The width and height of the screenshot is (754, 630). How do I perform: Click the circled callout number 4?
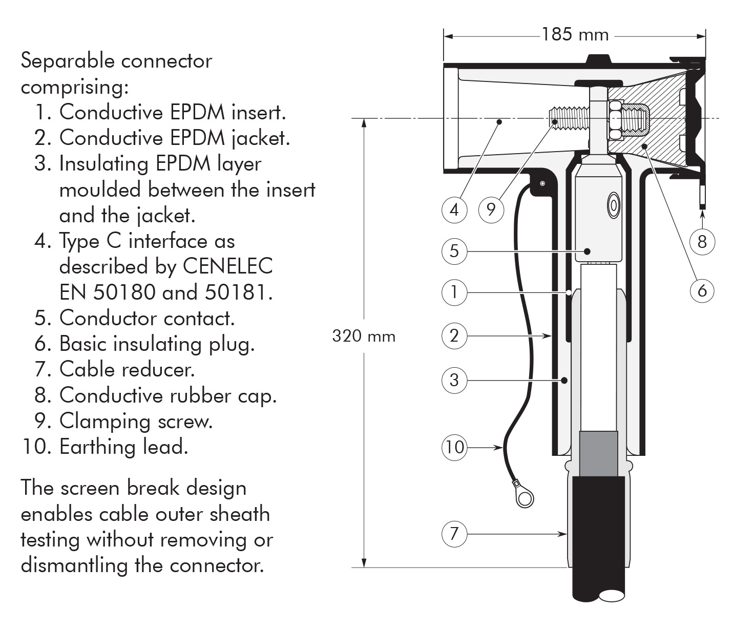pos(454,209)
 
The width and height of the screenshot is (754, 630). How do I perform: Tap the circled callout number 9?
pos(491,209)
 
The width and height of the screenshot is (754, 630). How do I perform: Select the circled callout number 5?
pos(454,251)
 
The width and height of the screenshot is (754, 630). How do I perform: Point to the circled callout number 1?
pos(454,292)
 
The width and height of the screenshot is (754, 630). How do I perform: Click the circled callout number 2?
pos(454,336)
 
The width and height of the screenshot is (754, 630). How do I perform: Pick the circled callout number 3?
pos(454,380)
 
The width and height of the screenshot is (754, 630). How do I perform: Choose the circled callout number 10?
pos(454,447)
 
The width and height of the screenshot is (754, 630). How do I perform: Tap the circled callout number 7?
pos(454,534)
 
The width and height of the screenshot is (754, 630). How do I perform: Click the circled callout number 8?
pos(702,241)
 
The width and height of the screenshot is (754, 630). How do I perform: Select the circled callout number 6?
pos(702,290)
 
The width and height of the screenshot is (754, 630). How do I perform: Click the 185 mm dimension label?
pos(575,35)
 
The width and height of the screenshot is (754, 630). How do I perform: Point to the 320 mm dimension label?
pos(364,336)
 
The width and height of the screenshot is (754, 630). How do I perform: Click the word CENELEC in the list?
pos(227,266)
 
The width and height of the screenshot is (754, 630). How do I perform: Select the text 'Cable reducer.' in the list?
pos(127,369)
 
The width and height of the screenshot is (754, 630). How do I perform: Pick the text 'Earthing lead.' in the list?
pos(124,447)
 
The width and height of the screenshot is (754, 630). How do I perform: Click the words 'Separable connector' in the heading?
pos(116,61)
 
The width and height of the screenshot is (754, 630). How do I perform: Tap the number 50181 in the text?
pos(239,292)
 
